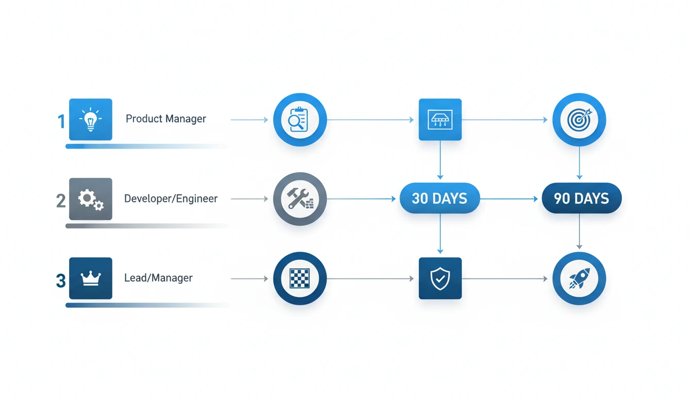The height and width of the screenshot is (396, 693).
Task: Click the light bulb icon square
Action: click(x=91, y=120)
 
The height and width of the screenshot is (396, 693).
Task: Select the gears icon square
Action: click(x=91, y=199)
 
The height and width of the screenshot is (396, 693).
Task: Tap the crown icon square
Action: click(x=91, y=278)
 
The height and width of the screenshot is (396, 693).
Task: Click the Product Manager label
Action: click(x=166, y=119)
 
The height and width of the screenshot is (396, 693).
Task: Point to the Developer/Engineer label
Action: click(x=171, y=199)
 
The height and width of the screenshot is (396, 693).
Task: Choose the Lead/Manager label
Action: click(x=158, y=278)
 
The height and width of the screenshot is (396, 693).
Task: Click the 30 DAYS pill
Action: click(x=440, y=199)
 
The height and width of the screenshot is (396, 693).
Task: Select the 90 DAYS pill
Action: click(x=582, y=199)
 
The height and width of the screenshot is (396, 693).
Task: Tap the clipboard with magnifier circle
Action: click(x=300, y=120)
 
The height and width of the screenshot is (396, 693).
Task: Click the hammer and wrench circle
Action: click(x=300, y=199)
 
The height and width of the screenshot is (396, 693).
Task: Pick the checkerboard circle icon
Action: click(x=300, y=278)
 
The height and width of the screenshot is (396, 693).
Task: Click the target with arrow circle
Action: click(x=579, y=120)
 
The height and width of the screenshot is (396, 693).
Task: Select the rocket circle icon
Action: click(x=579, y=278)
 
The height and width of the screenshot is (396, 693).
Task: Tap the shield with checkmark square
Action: click(x=440, y=278)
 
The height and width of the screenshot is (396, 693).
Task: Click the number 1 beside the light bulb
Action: click(x=61, y=122)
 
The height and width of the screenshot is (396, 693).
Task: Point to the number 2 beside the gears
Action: click(x=61, y=201)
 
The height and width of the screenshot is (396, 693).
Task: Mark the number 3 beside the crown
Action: click(x=61, y=280)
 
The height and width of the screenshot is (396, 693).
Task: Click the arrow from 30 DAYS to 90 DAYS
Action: click(x=509, y=199)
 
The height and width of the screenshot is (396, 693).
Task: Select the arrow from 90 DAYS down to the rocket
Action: click(x=579, y=232)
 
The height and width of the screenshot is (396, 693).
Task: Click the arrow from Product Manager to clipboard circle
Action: click(x=249, y=120)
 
